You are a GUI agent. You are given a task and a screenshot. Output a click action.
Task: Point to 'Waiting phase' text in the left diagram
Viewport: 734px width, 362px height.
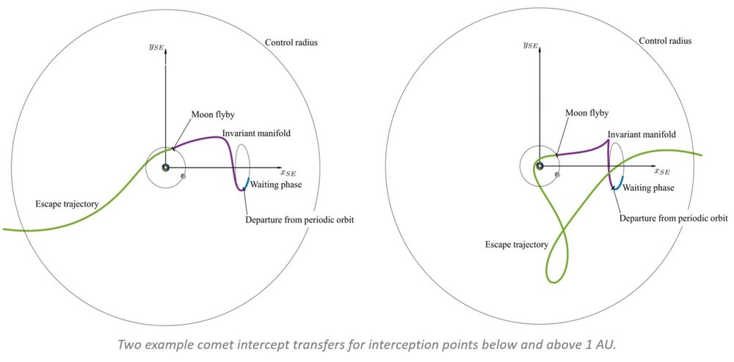click(276, 185)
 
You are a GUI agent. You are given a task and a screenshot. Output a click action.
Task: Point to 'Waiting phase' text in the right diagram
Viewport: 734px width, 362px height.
click(649, 188)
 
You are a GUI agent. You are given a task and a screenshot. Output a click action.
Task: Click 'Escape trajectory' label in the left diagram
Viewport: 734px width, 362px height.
click(66, 202)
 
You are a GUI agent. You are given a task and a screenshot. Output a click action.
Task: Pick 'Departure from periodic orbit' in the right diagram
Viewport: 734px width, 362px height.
click(674, 218)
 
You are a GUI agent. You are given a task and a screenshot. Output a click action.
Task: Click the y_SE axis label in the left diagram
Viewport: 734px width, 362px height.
click(167, 45)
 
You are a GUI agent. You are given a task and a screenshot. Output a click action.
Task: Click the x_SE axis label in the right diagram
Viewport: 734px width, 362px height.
click(659, 172)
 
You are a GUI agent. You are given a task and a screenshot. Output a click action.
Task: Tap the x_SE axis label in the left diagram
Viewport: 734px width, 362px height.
click(288, 173)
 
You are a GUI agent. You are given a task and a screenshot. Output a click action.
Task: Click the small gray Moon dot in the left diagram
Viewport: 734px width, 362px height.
click(183, 176)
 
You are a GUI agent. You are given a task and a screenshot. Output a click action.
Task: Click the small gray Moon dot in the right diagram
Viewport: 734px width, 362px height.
click(558, 174)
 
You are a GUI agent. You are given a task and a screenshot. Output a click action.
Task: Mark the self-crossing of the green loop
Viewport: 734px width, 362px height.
click(566, 233)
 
